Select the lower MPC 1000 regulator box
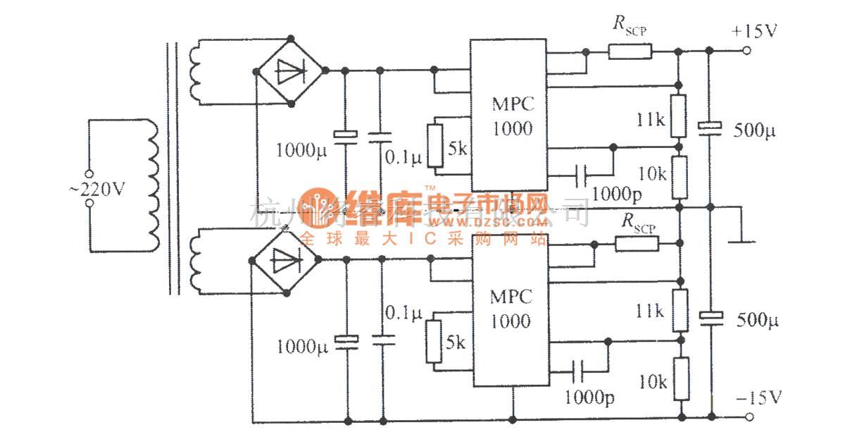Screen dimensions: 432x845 510,310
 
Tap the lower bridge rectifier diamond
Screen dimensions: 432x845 285,259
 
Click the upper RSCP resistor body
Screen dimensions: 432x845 630,51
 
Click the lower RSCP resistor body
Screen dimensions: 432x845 637,244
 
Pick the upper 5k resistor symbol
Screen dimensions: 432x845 436,147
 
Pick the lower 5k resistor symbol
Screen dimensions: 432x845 434,341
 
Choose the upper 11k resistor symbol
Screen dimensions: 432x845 678,116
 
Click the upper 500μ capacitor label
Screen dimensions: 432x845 756,130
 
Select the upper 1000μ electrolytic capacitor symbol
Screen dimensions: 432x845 346,136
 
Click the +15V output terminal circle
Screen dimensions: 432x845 747,51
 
